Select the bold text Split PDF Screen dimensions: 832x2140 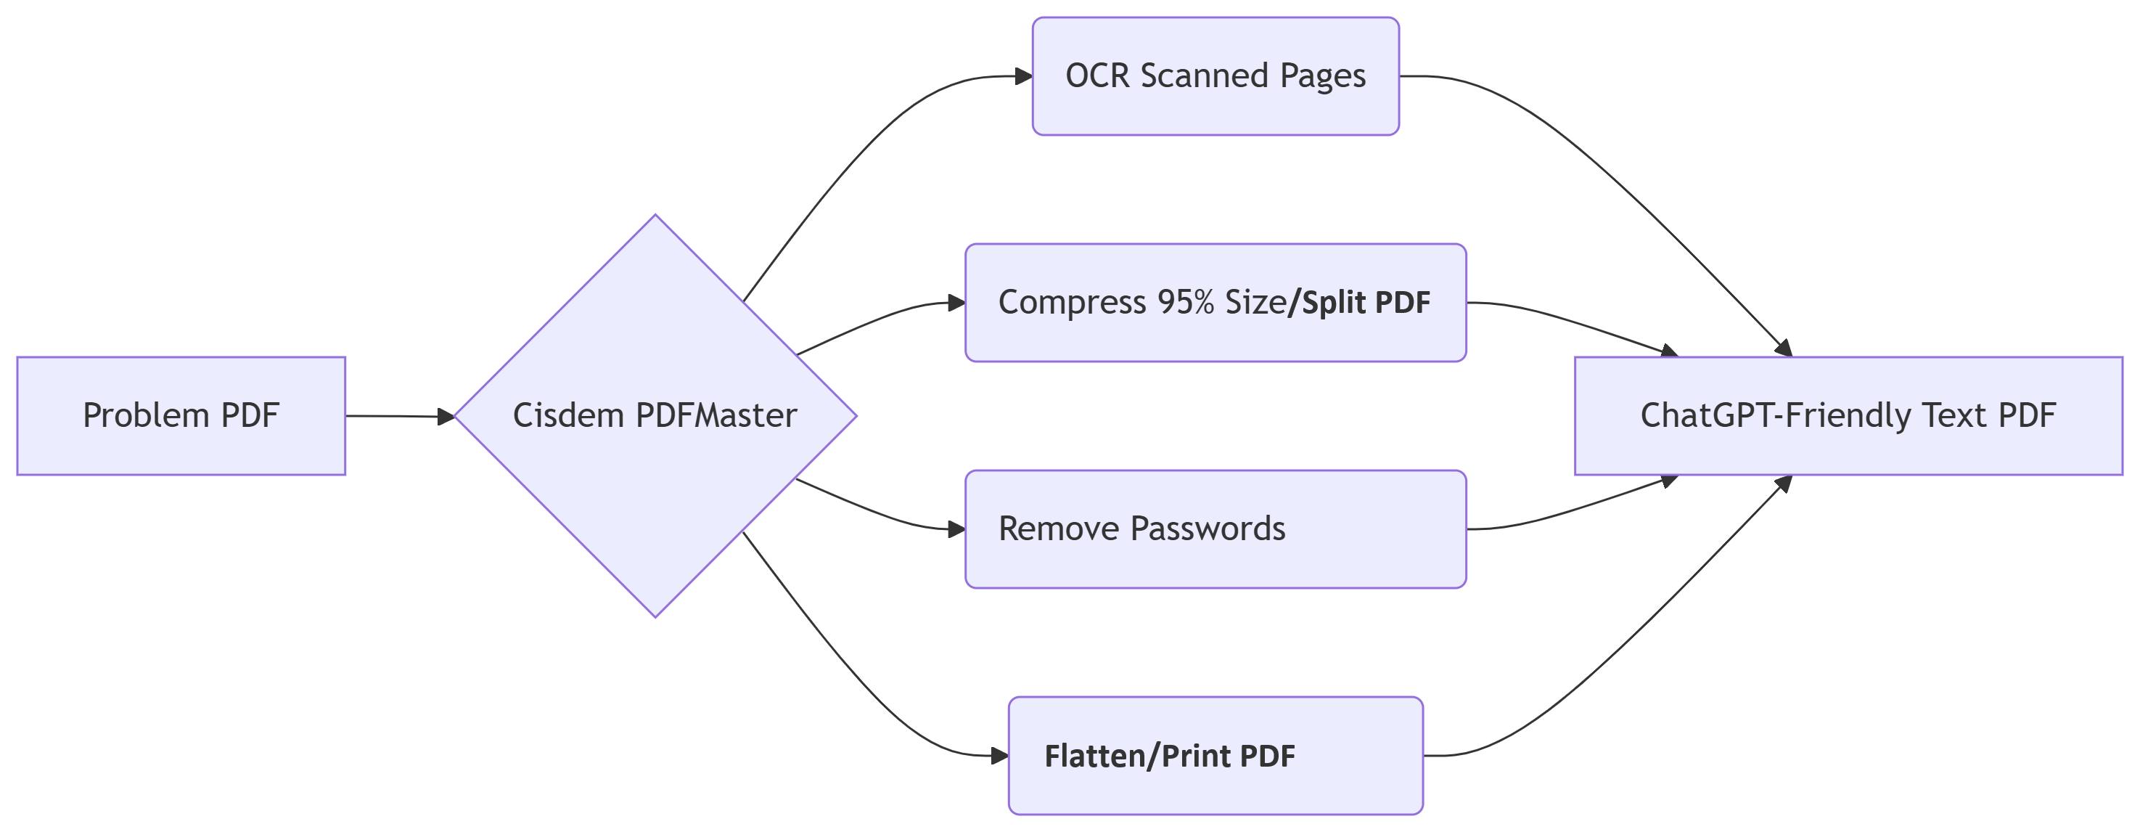[1366, 303]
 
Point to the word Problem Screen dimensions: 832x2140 [145, 415]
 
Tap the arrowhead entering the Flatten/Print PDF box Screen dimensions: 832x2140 [999, 756]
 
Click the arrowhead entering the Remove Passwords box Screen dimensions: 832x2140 [956, 529]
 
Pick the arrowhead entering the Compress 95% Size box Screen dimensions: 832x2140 [956, 303]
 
